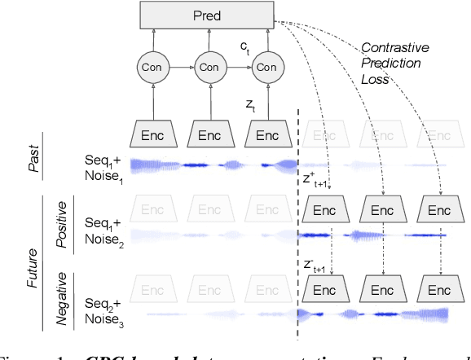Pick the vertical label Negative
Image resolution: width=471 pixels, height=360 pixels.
click(x=62, y=298)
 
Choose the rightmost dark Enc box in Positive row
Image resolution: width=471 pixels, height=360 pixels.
click(x=439, y=209)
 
